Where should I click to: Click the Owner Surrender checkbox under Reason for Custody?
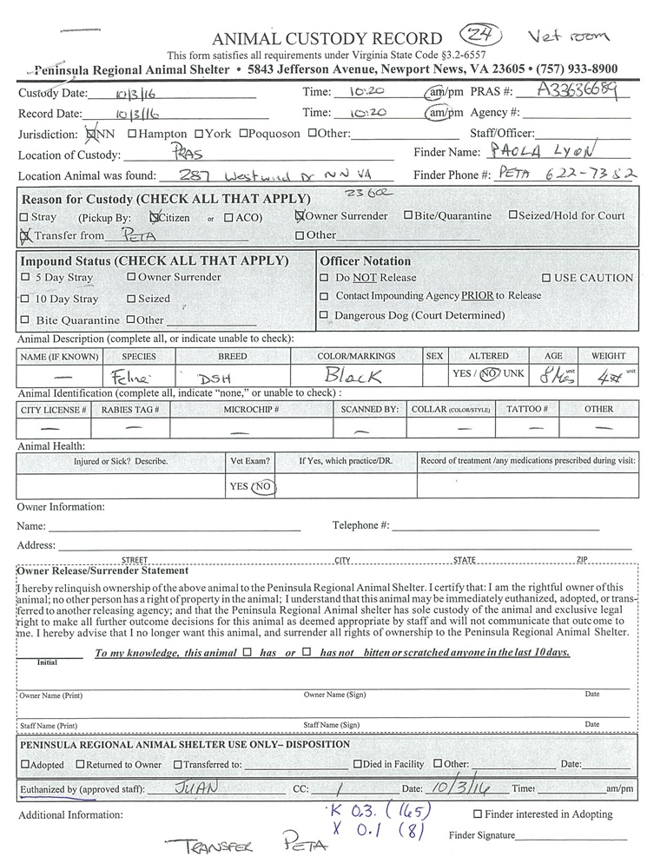coord(300,216)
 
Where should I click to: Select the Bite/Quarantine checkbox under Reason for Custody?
coord(408,215)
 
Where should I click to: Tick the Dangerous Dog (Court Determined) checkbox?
coord(324,315)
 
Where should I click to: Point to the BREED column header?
coord(232,357)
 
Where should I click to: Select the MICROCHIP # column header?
coord(251,409)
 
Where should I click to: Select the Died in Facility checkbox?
coord(357,765)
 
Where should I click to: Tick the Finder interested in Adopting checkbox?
coord(478,814)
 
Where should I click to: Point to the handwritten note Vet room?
coord(568,36)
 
